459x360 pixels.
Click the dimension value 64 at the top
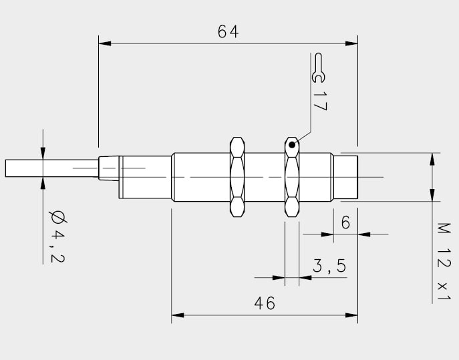pyautogui.click(x=228, y=31)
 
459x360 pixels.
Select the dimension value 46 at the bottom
pyautogui.click(x=265, y=303)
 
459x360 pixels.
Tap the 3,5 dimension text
pyautogui.click(x=329, y=266)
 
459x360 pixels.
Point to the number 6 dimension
pyautogui.click(x=345, y=222)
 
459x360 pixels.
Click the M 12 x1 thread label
pyautogui.click(x=444, y=261)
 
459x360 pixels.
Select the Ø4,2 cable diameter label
pyautogui.click(x=57, y=236)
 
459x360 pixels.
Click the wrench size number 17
pyautogui.click(x=320, y=102)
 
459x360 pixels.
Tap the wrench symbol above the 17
pyautogui.click(x=318, y=68)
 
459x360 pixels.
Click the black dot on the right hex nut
pyautogui.click(x=292, y=144)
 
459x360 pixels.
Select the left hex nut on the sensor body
pyautogui.click(x=237, y=177)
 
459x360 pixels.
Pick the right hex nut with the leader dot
pyautogui.click(x=292, y=177)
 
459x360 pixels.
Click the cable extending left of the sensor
pyautogui.click(x=52, y=168)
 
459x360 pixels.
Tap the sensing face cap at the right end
pyautogui.click(x=345, y=177)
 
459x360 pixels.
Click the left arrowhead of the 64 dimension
pyautogui.click(x=105, y=43)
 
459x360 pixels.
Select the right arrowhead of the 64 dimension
pyautogui.click(x=351, y=43)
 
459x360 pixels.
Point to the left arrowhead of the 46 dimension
pyautogui.click(x=178, y=315)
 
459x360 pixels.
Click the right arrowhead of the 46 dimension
pyautogui.click(x=351, y=315)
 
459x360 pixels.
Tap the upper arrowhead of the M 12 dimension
pyautogui.click(x=432, y=159)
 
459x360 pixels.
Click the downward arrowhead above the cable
pyautogui.click(x=43, y=154)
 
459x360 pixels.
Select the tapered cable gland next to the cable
pyautogui.click(x=109, y=168)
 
